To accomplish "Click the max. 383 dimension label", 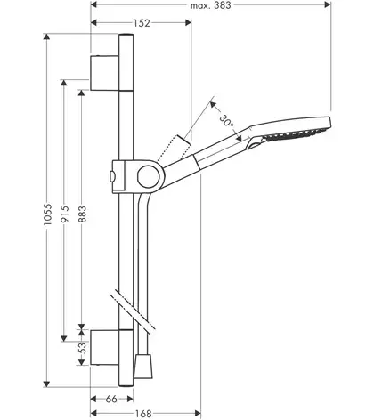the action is (211, 4).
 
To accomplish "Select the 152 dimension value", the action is (142, 23).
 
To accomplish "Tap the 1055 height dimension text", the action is (47, 214).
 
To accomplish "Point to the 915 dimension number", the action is (65, 214).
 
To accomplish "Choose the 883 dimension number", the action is (83, 214).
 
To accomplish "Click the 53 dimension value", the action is (83, 348).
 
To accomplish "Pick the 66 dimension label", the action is (111, 399).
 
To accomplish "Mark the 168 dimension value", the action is (143, 413).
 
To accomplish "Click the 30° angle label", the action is (227, 122).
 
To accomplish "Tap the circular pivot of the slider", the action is (149, 177).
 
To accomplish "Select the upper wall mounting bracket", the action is (104, 73).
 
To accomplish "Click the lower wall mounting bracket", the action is (104, 347).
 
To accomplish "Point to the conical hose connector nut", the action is (143, 366).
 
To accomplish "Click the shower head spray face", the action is (294, 134).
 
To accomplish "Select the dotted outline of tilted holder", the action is (174, 149).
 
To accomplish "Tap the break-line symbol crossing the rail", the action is (133, 312).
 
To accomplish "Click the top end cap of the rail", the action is (126, 36).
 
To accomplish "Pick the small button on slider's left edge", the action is (111, 177).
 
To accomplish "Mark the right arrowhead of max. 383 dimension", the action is (328, 4).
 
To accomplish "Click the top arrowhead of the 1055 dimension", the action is (46, 36).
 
